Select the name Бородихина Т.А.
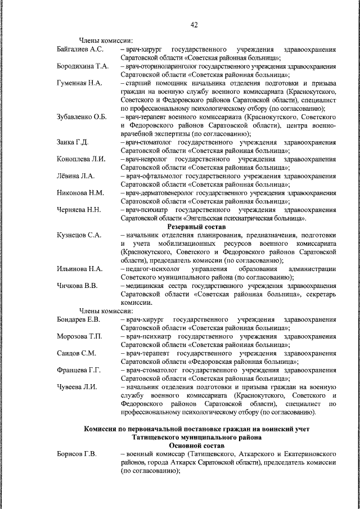click(83, 66)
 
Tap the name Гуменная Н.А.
click(79, 83)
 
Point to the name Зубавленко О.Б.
click(82, 117)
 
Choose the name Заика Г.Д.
click(73, 142)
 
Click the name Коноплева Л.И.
click(82, 159)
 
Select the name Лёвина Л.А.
click(76, 176)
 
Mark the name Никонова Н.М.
click(80, 193)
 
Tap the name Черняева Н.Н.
click(79, 210)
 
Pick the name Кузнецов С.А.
click(79, 235)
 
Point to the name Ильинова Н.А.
click(79, 269)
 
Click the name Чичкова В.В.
click(77, 286)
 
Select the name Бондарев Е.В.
click(79, 319)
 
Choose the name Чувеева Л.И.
click(77, 387)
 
